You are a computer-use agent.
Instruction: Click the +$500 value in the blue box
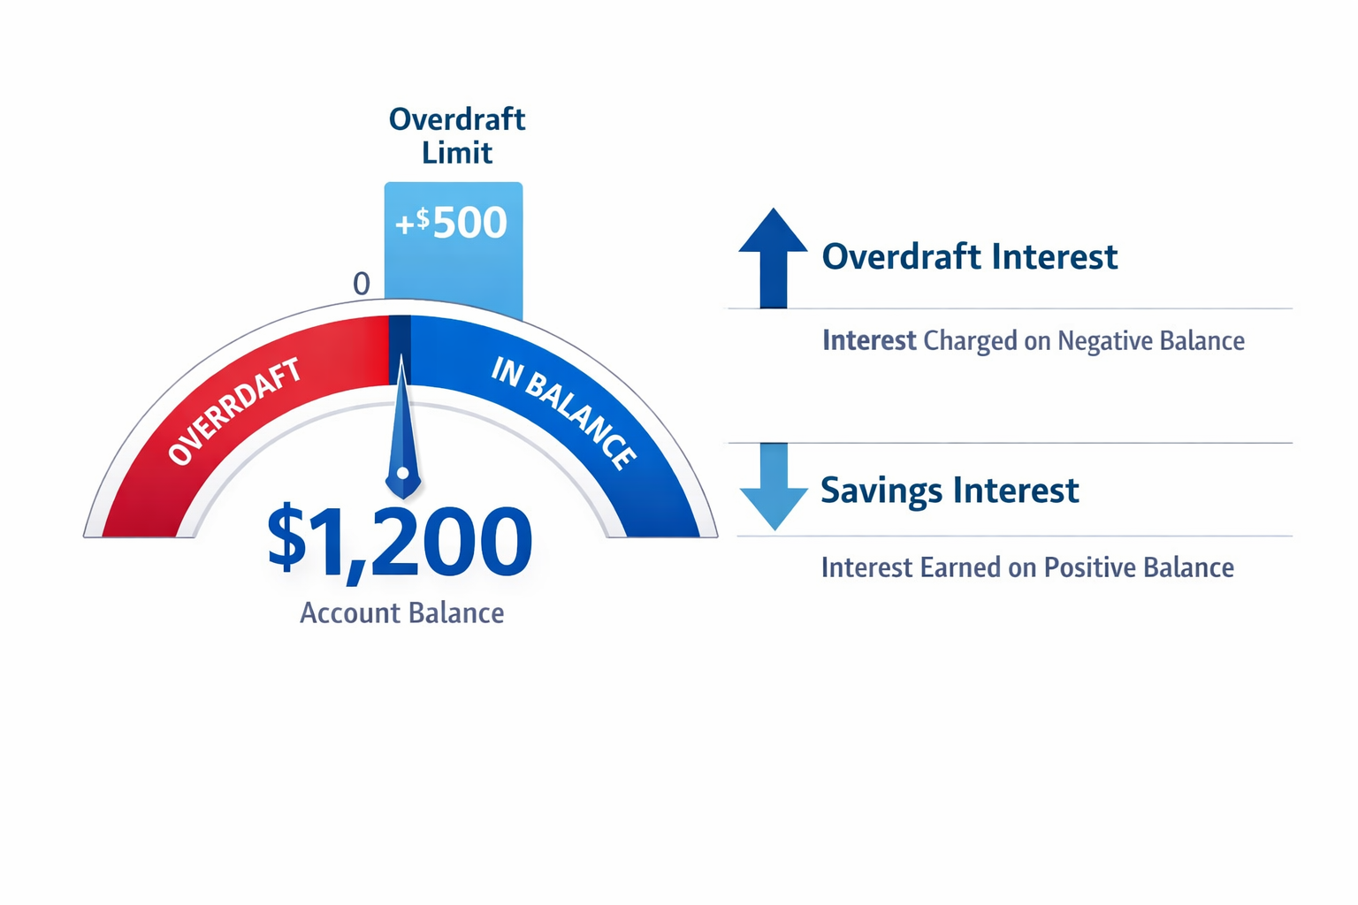coord(452,222)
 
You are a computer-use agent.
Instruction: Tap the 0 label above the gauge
coord(361,284)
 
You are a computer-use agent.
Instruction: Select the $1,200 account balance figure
coord(400,541)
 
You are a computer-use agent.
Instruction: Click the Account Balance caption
coord(401,612)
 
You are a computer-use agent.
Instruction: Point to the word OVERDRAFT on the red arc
coord(234,411)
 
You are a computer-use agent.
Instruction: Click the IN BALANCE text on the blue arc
coord(563,412)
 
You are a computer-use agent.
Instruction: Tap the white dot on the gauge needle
coord(402,473)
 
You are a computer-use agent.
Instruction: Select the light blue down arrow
coord(773,486)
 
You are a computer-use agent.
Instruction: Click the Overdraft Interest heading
coord(969,257)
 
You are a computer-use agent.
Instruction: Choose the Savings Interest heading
coord(950,491)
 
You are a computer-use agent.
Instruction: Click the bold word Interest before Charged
coord(869,340)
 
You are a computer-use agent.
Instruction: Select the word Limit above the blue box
coord(456,153)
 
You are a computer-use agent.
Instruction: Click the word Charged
coord(970,341)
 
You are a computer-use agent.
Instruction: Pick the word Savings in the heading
coord(881,491)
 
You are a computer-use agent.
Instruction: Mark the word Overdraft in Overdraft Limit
coord(457,119)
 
